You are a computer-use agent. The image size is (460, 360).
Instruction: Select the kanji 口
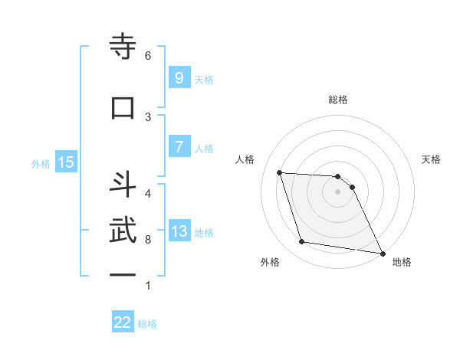[x=123, y=107]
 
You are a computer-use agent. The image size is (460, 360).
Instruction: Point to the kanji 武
[x=123, y=231]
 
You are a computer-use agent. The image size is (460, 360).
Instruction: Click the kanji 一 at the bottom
[x=123, y=274]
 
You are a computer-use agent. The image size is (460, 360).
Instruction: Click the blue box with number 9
[x=179, y=78]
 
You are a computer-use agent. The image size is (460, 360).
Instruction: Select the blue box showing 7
[x=179, y=147]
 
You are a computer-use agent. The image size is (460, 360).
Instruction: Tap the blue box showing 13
[x=179, y=231]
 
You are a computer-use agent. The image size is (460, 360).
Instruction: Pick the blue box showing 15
[x=66, y=162]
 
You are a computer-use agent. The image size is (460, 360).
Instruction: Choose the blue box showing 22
[x=123, y=322]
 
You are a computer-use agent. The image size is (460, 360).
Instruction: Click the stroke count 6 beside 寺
[x=148, y=55]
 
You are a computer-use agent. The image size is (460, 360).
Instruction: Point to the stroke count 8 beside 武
[x=148, y=240]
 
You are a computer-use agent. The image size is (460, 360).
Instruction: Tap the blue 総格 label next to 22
[x=147, y=324]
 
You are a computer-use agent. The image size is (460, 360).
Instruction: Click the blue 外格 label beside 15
[x=41, y=163]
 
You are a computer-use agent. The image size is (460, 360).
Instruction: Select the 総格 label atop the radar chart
[x=337, y=100]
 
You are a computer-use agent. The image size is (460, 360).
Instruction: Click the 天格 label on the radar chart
[x=431, y=159]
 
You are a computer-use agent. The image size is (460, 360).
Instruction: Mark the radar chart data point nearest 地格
[x=382, y=253]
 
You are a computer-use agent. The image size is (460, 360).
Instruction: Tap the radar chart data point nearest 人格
[x=280, y=172]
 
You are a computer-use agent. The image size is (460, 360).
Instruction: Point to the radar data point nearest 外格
[x=302, y=242]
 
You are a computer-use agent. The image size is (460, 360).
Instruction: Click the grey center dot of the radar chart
[x=337, y=191]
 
